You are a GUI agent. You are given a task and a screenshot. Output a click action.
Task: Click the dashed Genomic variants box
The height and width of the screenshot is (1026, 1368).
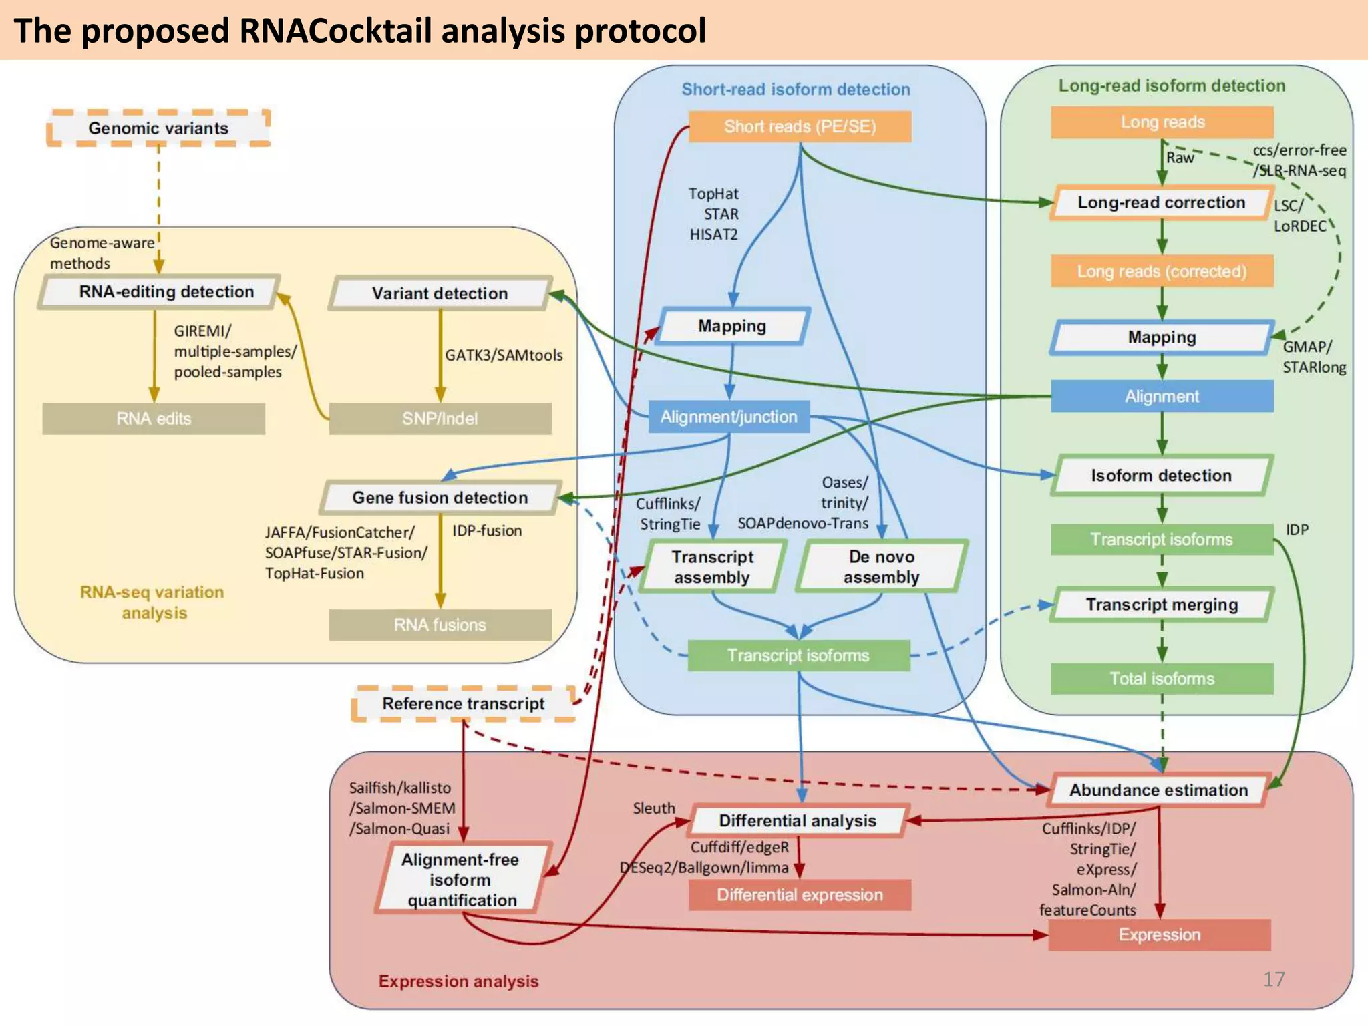pos(158,128)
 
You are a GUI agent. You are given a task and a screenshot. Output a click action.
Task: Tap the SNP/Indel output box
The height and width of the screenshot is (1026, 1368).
pos(440,419)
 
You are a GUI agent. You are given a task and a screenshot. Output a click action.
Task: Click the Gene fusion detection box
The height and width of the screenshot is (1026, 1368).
pos(440,498)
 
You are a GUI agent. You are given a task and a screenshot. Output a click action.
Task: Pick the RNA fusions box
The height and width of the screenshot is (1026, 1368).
pos(440,625)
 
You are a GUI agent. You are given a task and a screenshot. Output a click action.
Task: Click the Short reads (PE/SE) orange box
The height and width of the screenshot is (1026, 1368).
pos(800,126)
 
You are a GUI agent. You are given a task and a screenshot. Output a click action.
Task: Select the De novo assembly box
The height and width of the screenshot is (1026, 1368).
pos(881,567)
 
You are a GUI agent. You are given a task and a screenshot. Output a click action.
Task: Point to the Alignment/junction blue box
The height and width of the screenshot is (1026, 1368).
pos(729,417)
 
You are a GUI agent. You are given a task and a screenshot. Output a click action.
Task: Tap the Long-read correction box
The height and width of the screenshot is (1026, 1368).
pos(1161,202)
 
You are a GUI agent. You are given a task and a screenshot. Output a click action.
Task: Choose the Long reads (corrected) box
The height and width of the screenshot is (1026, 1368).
pos(1162,271)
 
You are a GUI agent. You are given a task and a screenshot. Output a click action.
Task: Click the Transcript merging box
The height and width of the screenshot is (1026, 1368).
pos(1162,605)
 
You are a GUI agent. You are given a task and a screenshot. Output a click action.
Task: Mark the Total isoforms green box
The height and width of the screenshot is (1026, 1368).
pos(1162,679)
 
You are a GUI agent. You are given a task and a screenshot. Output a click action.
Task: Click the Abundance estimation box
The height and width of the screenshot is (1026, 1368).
pos(1158,790)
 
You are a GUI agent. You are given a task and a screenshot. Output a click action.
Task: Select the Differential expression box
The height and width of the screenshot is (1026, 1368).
pos(800,895)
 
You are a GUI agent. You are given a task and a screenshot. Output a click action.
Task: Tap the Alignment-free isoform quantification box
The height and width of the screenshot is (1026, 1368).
pos(461,880)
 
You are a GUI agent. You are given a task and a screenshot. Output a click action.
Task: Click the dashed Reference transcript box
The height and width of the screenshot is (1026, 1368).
pos(463,704)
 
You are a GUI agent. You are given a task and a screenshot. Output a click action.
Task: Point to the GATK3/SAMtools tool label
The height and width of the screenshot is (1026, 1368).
pos(504,355)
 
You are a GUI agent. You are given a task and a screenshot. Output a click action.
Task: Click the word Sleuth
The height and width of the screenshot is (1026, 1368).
pos(654,808)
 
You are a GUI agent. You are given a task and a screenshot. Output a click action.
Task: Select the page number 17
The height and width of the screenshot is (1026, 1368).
pos(1273,979)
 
